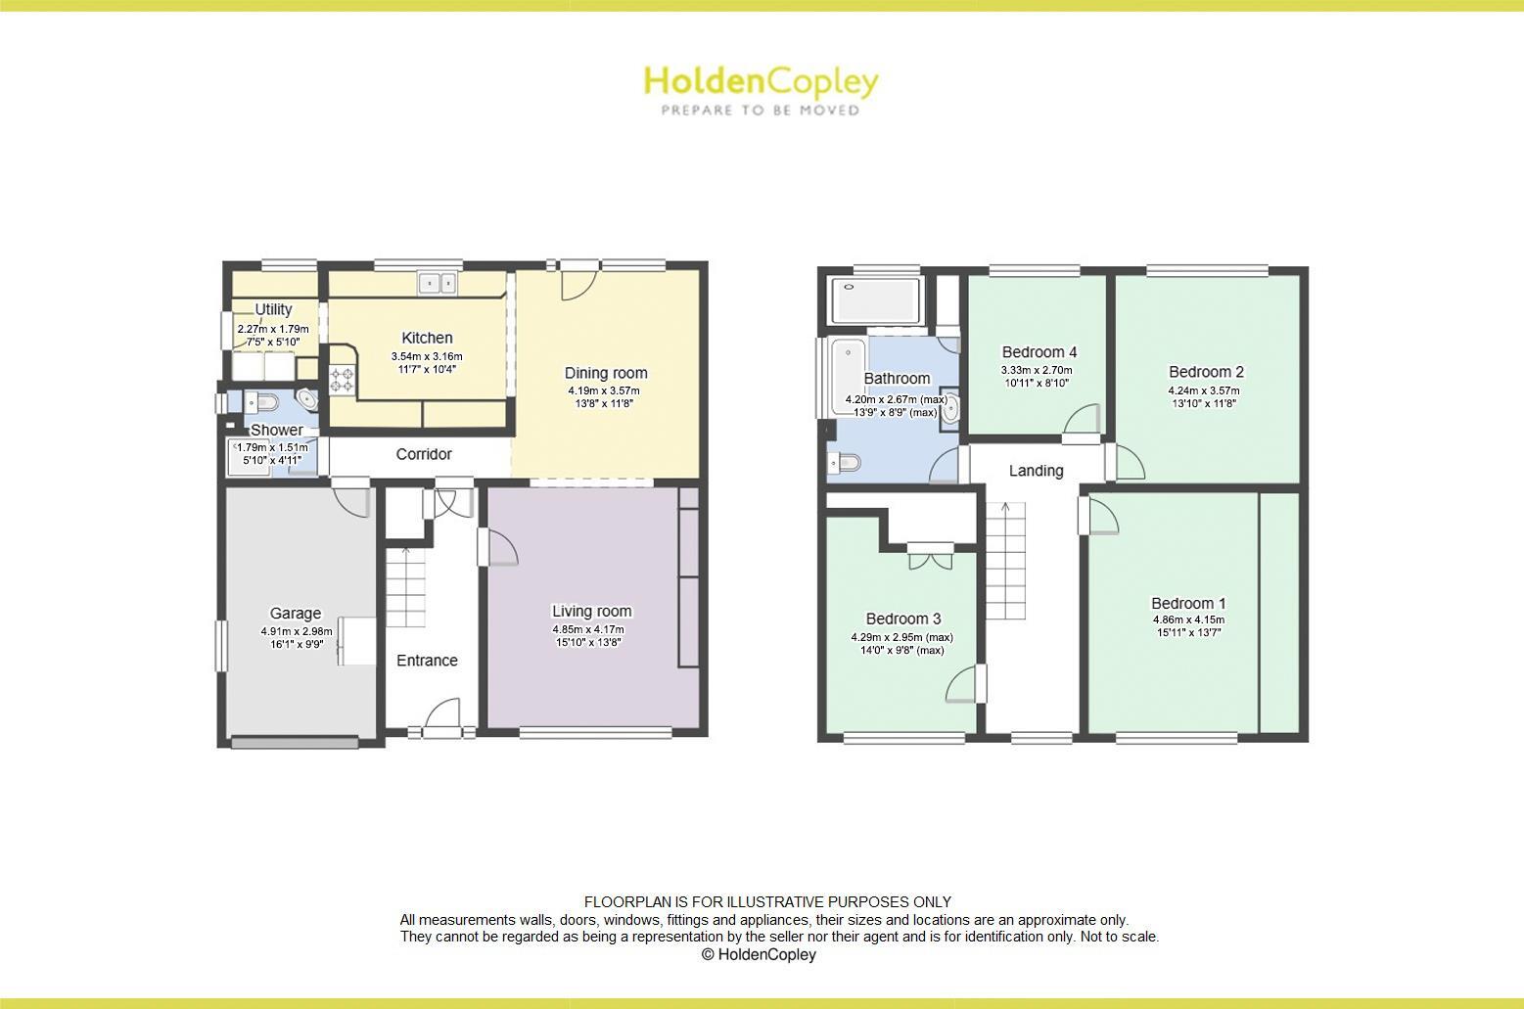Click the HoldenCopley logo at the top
point(761,90)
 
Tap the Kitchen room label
point(427,338)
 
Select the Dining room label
point(606,373)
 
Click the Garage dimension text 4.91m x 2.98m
point(296,631)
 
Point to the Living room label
point(591,612)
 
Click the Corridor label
point(424,454)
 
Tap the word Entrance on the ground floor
point(427,661)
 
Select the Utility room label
point(273,309)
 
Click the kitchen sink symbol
point(438,283)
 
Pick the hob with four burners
point(342,379)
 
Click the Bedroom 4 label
point(1039,352)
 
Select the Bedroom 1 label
point(1188,604)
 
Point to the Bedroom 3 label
point(902,619)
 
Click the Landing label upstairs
point(1036,471)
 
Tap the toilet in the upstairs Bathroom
point(845,462)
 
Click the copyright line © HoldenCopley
point(759,954)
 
